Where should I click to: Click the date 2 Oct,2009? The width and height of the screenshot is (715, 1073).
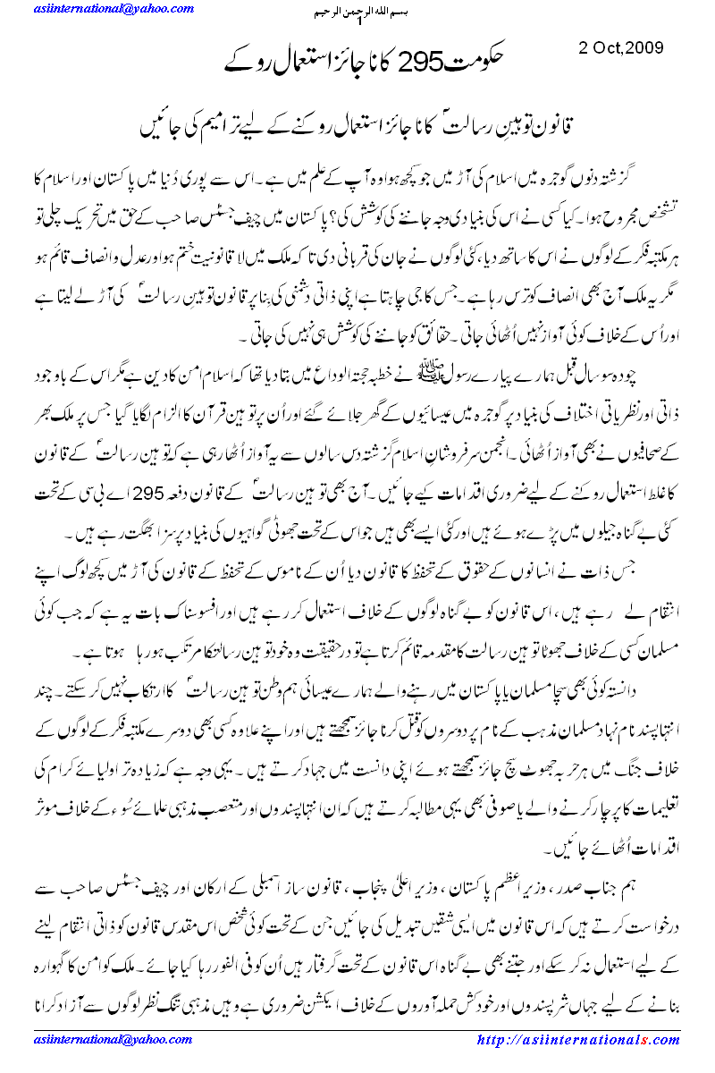(618, 47)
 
